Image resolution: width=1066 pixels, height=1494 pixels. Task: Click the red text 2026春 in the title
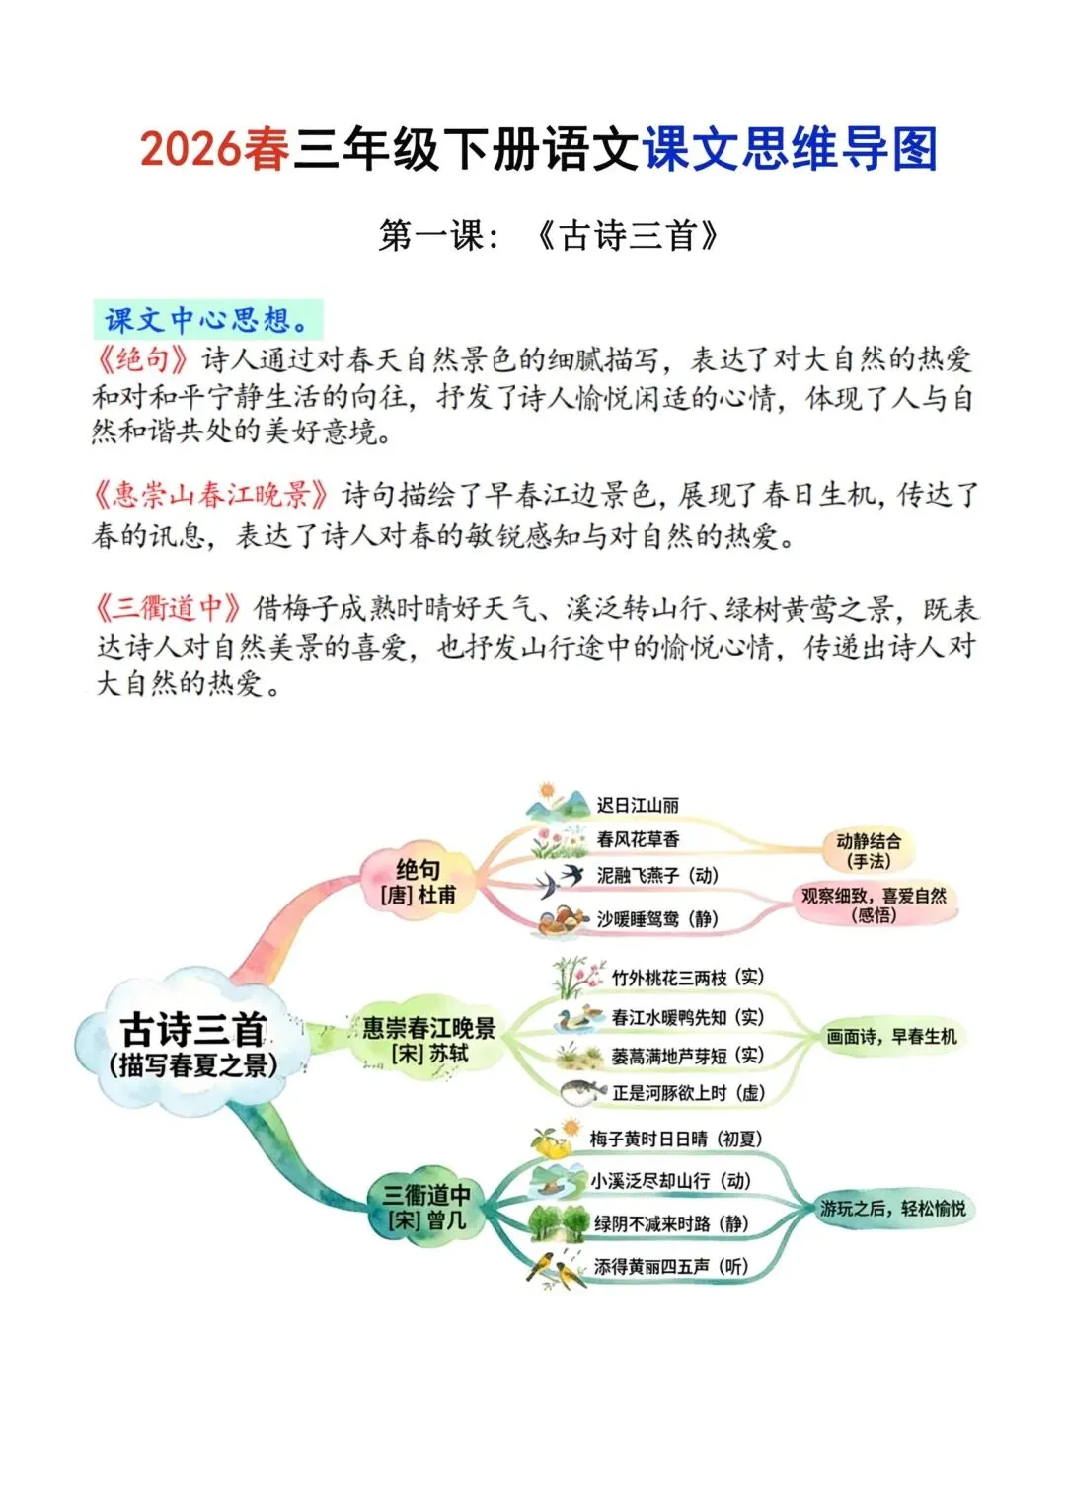point(214,148)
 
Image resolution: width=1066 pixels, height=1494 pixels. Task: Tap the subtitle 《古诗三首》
point(627,236)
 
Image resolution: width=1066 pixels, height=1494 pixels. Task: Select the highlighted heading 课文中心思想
point(208,320)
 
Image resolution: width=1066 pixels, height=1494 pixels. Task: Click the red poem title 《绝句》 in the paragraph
point(141,359)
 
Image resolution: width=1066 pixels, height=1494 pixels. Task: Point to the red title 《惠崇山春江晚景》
point(212,495)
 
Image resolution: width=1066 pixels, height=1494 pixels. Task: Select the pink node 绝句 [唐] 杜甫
point(418,882)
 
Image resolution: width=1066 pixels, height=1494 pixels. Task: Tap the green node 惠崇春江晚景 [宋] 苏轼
point(428,1040)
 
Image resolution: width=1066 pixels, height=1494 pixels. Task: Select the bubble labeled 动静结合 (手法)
point(868,851)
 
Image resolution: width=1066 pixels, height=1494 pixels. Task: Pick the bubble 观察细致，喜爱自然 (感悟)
point(874,904)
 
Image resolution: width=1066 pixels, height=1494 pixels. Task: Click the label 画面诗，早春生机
point(891,1036)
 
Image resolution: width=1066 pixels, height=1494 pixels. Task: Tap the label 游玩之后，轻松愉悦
point(892,1208)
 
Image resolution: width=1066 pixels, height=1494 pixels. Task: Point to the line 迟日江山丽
point(638,805)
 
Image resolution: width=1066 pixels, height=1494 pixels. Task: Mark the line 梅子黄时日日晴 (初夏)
point(675,1139)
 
